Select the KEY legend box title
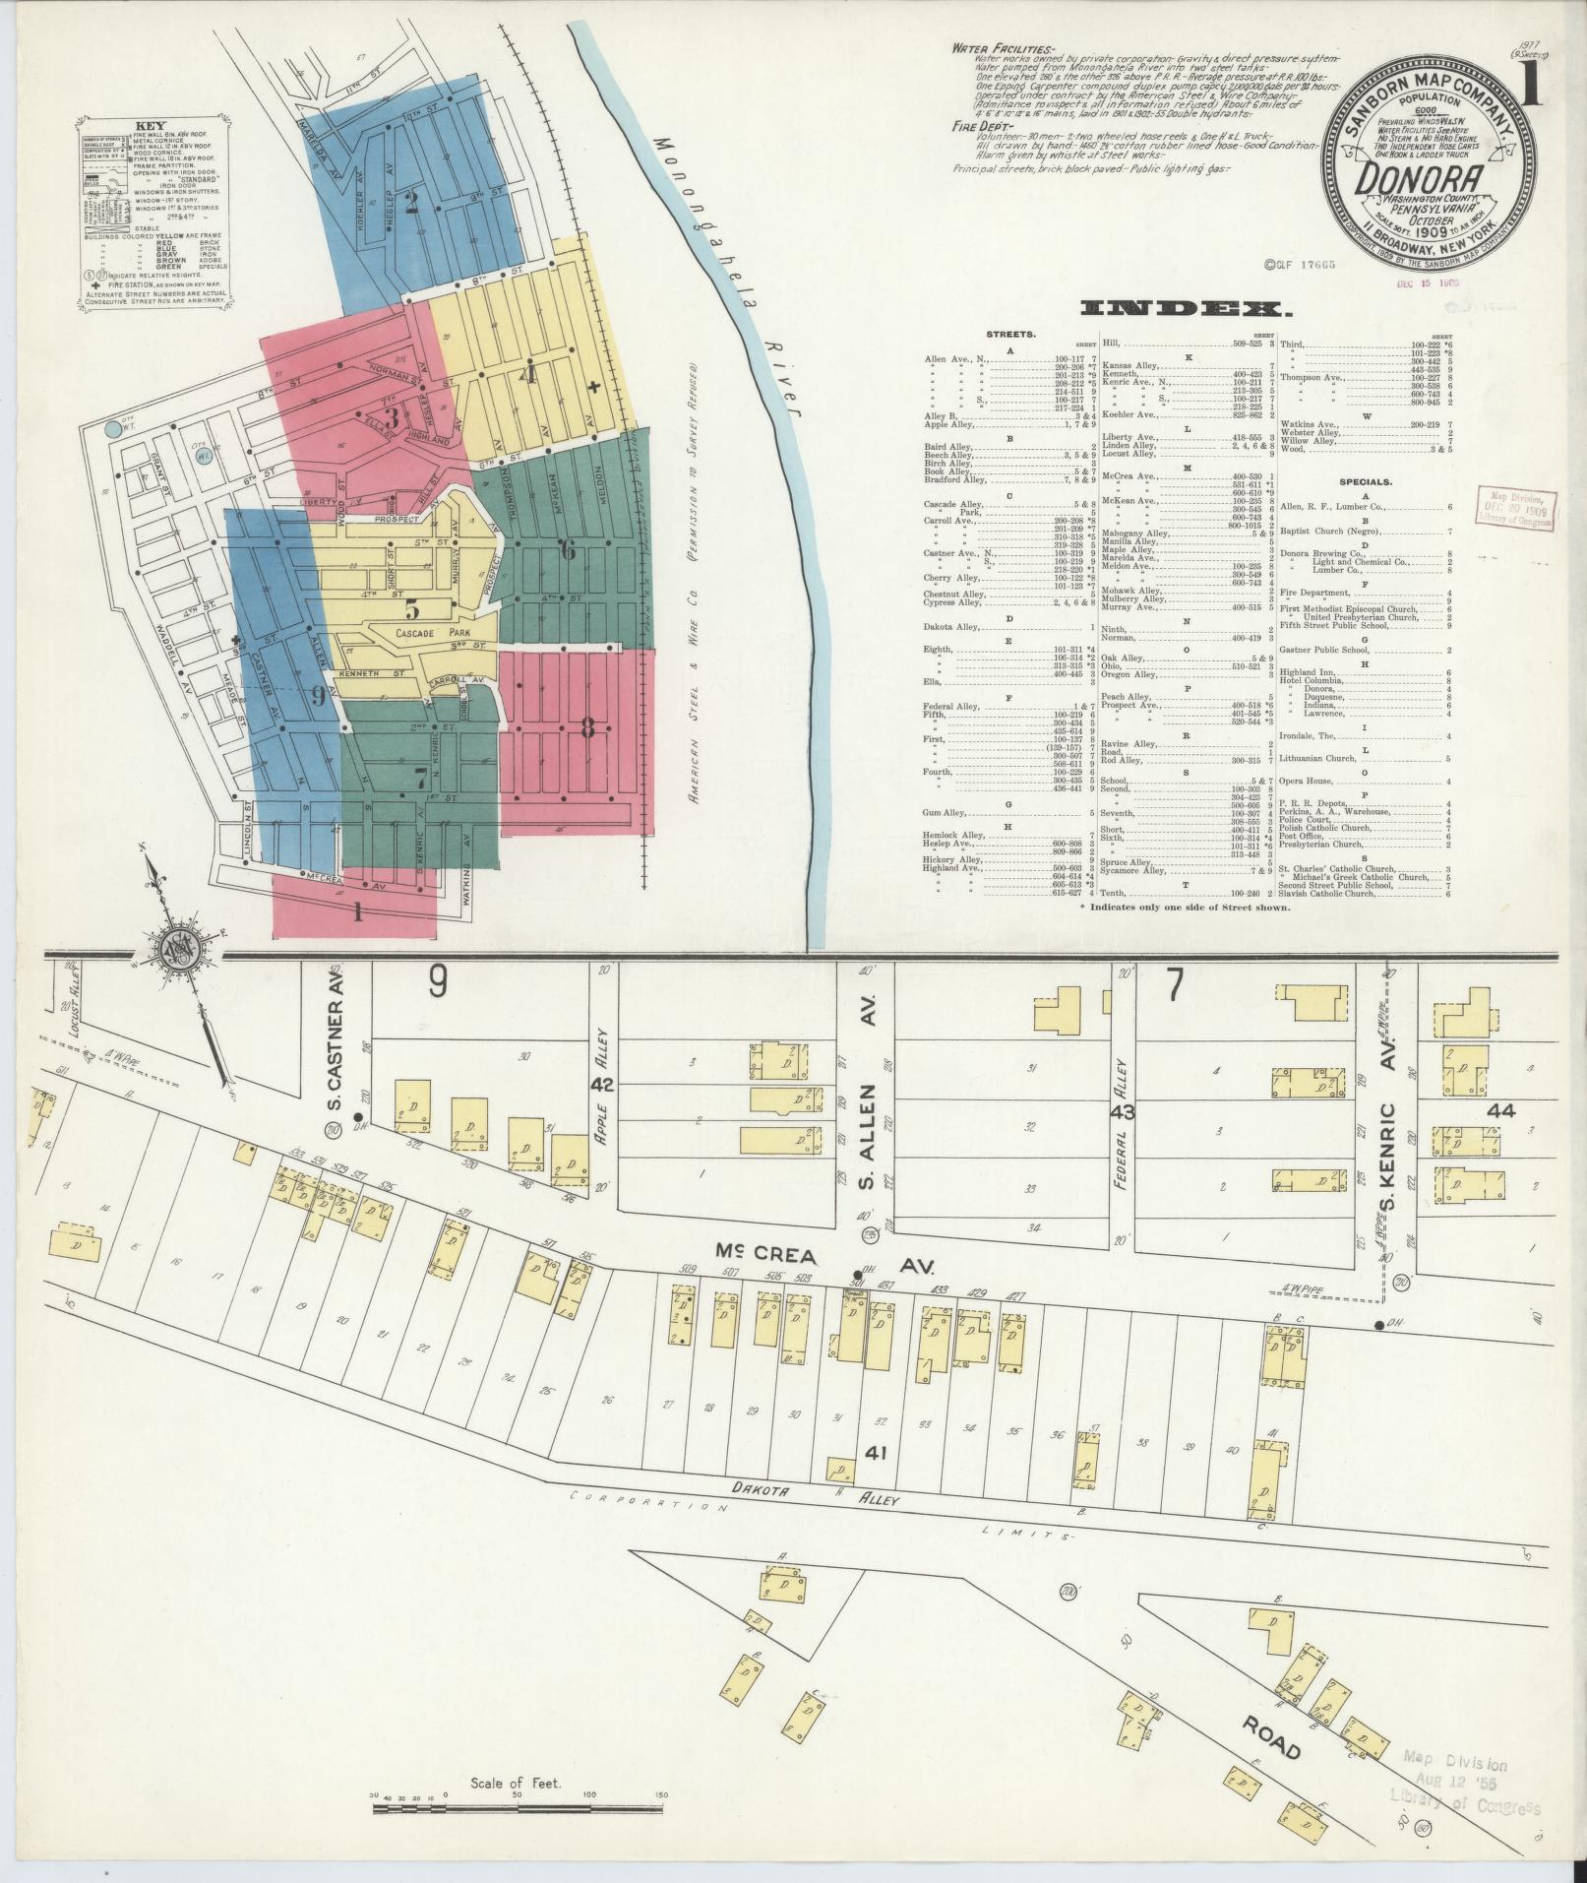(x=152, y=127)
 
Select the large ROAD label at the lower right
(x=1272, y=1737)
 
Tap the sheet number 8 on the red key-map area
(x=587, y=729)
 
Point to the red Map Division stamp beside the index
(x=1515, y=509)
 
